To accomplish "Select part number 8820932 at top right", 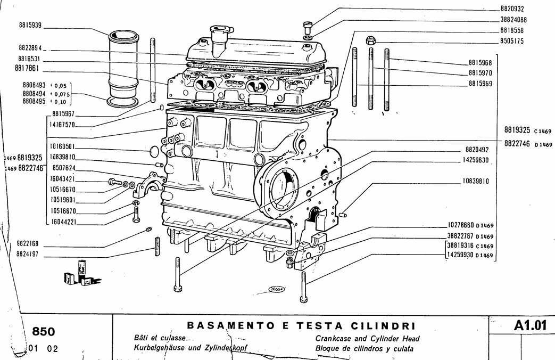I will [x=512, y=9].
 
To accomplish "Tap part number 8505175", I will [x=512, y=40].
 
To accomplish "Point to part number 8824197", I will [x=30, y=255].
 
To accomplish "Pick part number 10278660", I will [x=461, y=225].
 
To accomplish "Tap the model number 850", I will [x=44, y=332].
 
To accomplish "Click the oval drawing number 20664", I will [x=277, y=289].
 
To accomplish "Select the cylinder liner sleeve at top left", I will [x=123, y=67].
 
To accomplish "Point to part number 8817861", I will [x=30, y=68].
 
